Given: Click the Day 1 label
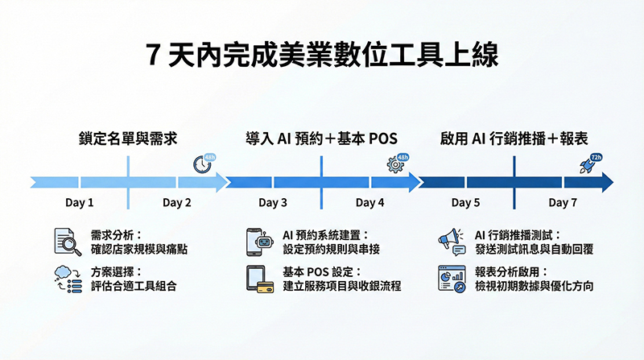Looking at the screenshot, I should click(x=80, y=203).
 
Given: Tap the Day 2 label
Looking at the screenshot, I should click(x=177, y=203).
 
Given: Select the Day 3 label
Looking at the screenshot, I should click(x=273, y=203).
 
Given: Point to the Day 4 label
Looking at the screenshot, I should click(x=370, y=203).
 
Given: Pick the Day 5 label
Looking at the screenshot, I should click(x=465, y=203).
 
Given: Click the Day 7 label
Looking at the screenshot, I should click(x=563, y=203).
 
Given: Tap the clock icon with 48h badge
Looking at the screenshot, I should click(x=203, y=163).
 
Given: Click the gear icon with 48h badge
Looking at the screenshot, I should click(x=396, y=163).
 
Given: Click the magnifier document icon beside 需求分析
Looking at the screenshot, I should click(x=68, y=242).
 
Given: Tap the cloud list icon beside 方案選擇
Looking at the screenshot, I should click(x=68, y=279).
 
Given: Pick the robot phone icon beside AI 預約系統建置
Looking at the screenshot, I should click(x=259, y=242).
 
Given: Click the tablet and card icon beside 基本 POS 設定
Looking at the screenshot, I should click(x=259, y=279).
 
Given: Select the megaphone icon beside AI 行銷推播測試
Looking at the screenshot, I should click(x=452, y=242).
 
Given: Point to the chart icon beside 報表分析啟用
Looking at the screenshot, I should click(x=452, y=279).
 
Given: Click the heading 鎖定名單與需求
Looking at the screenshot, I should click(x=129, y=137).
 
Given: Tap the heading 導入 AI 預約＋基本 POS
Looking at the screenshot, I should click(x=321, y=137).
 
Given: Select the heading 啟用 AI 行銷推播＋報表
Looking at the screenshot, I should click(x=515, y=137).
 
